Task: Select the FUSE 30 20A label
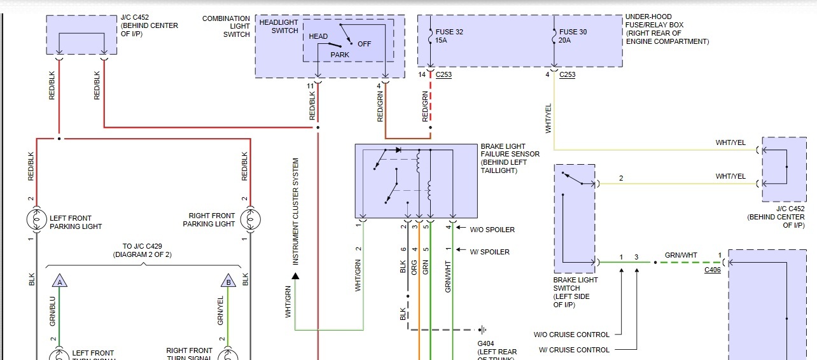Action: coord(573,36)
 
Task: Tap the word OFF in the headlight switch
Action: coord(364,44)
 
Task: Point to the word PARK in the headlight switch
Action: coord(340,55)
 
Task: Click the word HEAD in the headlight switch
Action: coord(318,36)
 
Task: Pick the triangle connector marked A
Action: coord(60,282)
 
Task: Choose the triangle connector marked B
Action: coord(227,282)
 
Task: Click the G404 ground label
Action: coord(486,343)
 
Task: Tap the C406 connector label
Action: coord(713,270)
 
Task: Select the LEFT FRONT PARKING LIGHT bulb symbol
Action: coord(37,219)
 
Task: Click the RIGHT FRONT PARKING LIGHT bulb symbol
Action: coord(250,219)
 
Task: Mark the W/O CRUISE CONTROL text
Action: coord(571,335)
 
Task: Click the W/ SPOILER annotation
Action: coord(489,252)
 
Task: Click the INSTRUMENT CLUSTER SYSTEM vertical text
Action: coord(295,212)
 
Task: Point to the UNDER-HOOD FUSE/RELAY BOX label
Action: coord(666,29)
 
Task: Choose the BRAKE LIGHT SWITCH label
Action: coord(575,292)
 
